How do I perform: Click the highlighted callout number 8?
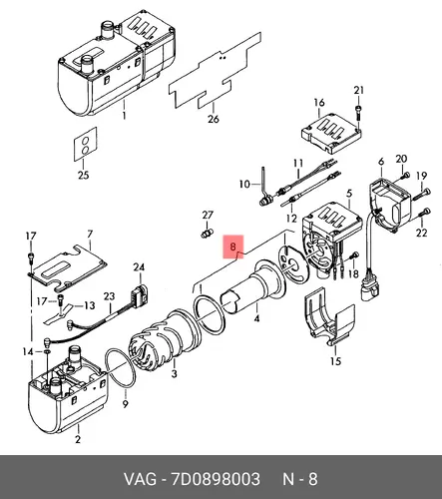tap(232, 247)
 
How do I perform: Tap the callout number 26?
tap(214, 119)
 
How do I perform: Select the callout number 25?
tap(83, 175)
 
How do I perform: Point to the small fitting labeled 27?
tap(207, 233)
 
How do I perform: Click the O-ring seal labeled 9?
tap(121, 368)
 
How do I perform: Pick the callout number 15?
tap(336, 361)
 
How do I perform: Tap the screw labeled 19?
tap(422, 194)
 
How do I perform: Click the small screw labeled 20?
tap(405, 175)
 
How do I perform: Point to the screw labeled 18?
tap(353, 256)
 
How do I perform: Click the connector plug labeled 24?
tap(140, 292)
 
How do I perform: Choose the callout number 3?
tap(175, 373)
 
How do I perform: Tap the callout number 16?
tap(319, 103)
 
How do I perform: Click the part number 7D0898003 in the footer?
tap(216, 479)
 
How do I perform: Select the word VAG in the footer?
tap(140, 479)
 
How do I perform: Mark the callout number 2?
tap(78, 439)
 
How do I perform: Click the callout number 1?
tap(124, 116)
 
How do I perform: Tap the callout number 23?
tap(109, 296)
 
